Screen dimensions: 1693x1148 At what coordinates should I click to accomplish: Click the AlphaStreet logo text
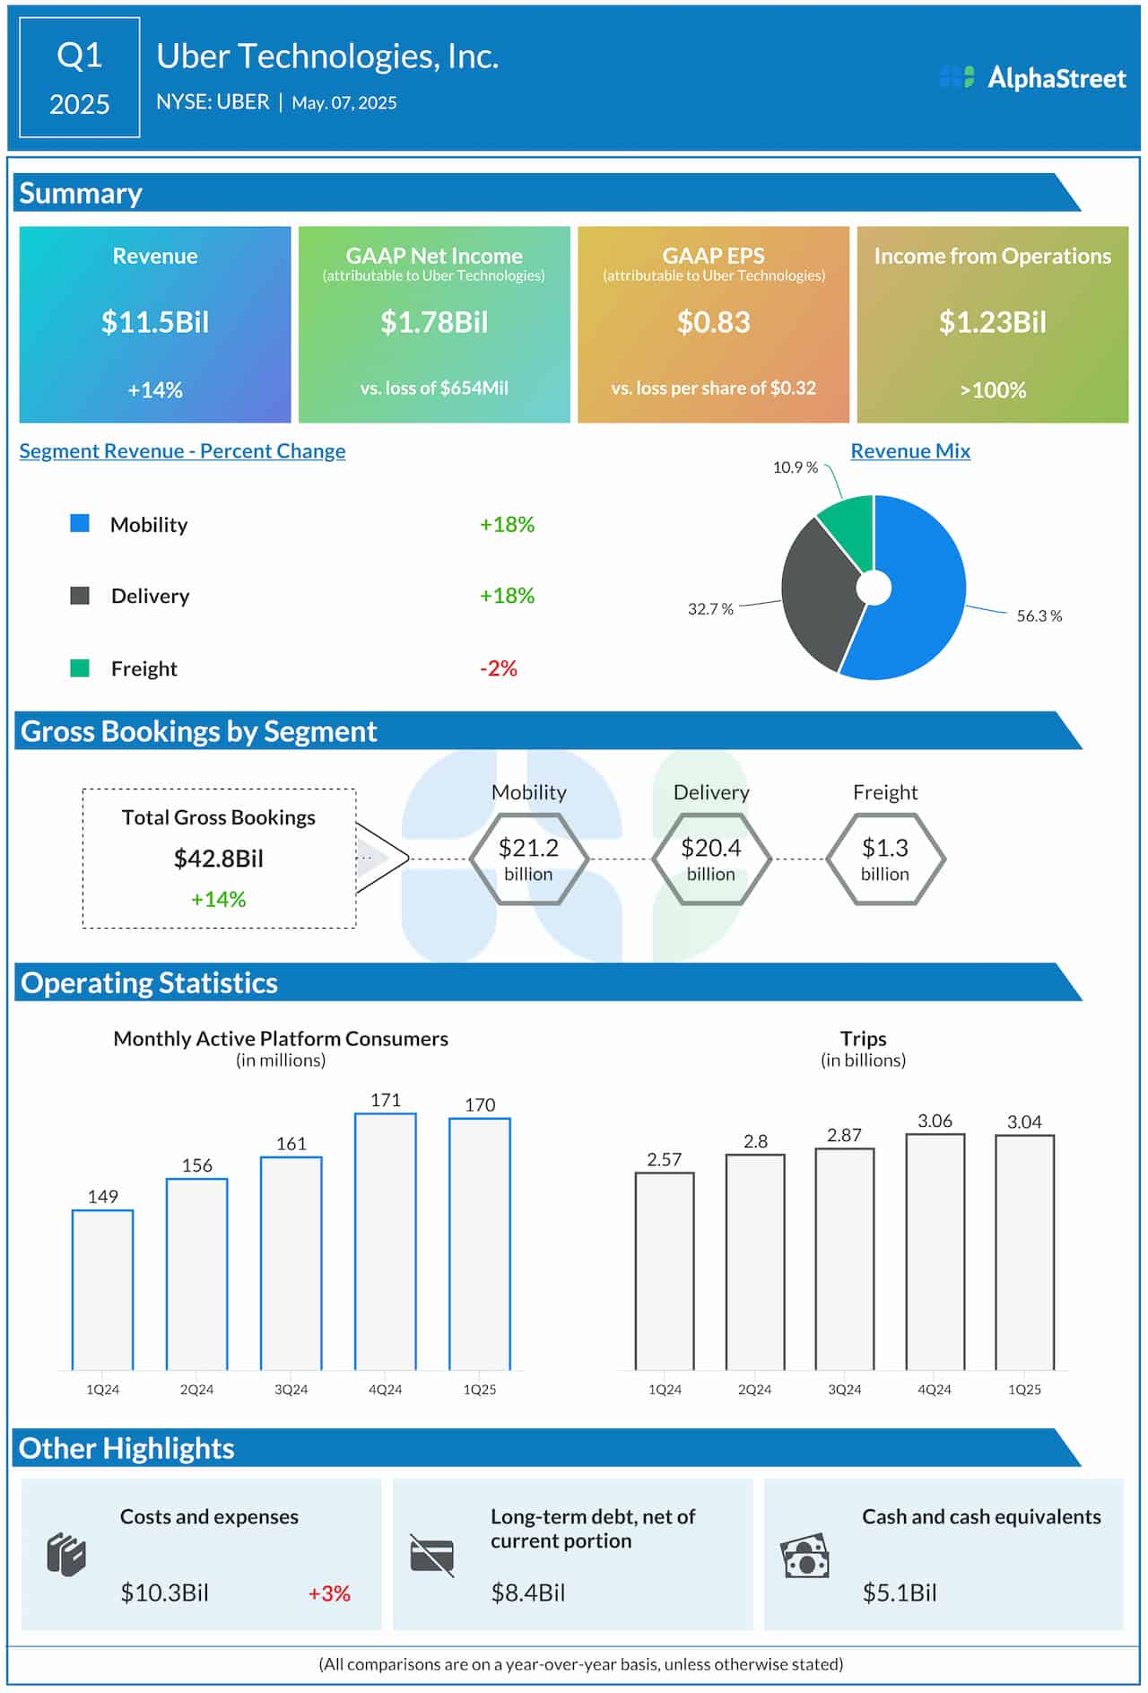[1056, 78]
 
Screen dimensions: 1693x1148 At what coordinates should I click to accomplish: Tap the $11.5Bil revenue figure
[155, 322]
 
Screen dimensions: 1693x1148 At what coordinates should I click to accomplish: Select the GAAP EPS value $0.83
[713, 322]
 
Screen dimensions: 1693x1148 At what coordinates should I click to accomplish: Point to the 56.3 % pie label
[1039, 616]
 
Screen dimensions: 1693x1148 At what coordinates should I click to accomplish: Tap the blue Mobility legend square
[80, 523]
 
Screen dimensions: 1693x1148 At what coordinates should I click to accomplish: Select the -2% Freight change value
[499, 668]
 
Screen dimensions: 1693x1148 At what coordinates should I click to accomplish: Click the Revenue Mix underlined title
[910, 451]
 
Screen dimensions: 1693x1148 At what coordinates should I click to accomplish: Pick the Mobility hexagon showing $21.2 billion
[528, 859]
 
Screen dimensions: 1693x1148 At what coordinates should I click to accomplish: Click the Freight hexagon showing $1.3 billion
[884, 859]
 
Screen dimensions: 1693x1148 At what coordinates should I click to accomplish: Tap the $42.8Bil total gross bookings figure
[219, 859]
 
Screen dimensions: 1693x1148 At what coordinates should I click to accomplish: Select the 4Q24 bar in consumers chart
[386, 1243]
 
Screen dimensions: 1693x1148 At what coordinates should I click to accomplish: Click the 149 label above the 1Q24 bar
[103, 1196]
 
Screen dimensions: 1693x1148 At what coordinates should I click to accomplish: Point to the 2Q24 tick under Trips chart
[754, 1389]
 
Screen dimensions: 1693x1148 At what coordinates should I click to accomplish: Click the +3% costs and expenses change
[329, 1593]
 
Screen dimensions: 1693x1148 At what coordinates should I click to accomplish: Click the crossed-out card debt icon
[432, 1555]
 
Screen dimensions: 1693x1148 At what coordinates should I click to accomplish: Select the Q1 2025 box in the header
[80, 78]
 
